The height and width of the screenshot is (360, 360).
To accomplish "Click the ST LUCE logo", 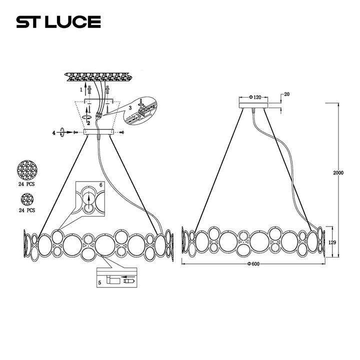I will (58, 21).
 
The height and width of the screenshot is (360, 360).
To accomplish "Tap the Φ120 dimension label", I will (256, 96).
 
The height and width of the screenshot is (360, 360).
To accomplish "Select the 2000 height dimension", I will (338, 172).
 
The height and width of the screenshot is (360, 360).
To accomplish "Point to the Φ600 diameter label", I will (255, 263).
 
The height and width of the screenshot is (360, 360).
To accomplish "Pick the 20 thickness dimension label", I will (287, 94).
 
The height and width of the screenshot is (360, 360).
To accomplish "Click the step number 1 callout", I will (80, 89).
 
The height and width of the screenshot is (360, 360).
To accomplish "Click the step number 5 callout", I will (100, 282).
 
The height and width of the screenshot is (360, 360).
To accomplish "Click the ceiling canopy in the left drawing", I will (99, 133).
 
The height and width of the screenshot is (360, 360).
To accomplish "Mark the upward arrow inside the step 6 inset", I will (88, 202).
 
